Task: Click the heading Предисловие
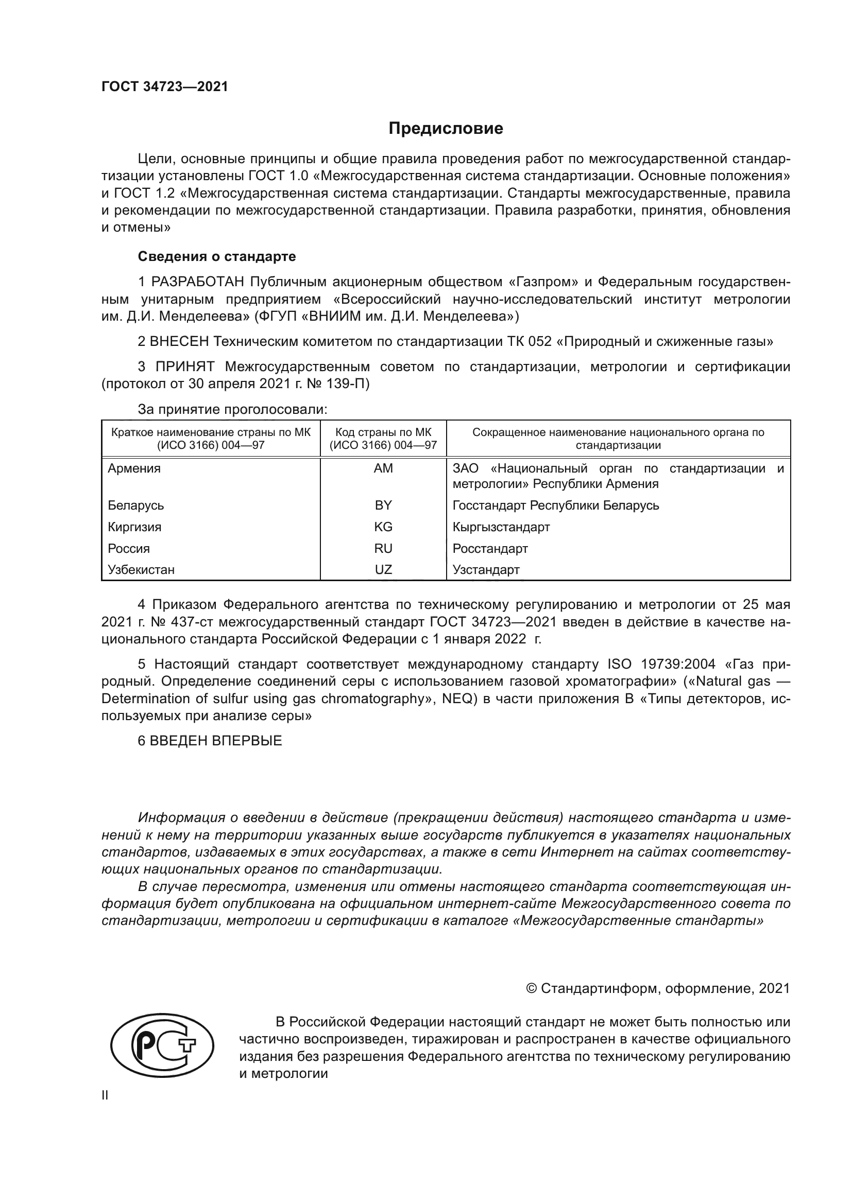(446, 129)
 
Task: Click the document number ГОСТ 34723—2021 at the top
(165, 86)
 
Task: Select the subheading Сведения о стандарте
(217, 256)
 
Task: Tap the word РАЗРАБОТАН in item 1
(198, 282)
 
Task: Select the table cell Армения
(134, 468)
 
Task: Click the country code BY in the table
(383, 505)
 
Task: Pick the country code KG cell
(383, 527)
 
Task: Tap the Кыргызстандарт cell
(501, 527)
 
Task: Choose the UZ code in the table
(383, 569)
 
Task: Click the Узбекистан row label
(141, 569)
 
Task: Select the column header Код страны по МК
(383, 432)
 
